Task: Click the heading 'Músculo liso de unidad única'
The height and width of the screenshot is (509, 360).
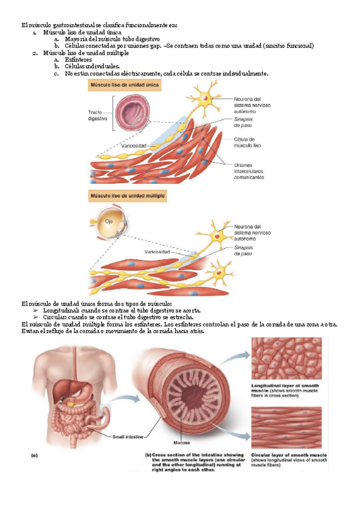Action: (124, 86)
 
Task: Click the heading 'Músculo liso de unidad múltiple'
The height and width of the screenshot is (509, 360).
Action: (127, 196)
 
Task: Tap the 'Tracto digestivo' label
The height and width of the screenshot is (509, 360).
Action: (97, 115)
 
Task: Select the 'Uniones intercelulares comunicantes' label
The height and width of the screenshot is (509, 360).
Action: (248, 170)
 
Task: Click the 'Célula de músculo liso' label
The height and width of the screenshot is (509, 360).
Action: (246, 142)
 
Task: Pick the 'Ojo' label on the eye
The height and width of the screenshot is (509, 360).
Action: (109, 221)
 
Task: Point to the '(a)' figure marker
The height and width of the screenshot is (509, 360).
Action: (36, 455)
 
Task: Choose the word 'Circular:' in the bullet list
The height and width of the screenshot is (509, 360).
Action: (61, 318)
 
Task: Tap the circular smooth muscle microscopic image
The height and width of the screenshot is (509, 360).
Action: (290, 427)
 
